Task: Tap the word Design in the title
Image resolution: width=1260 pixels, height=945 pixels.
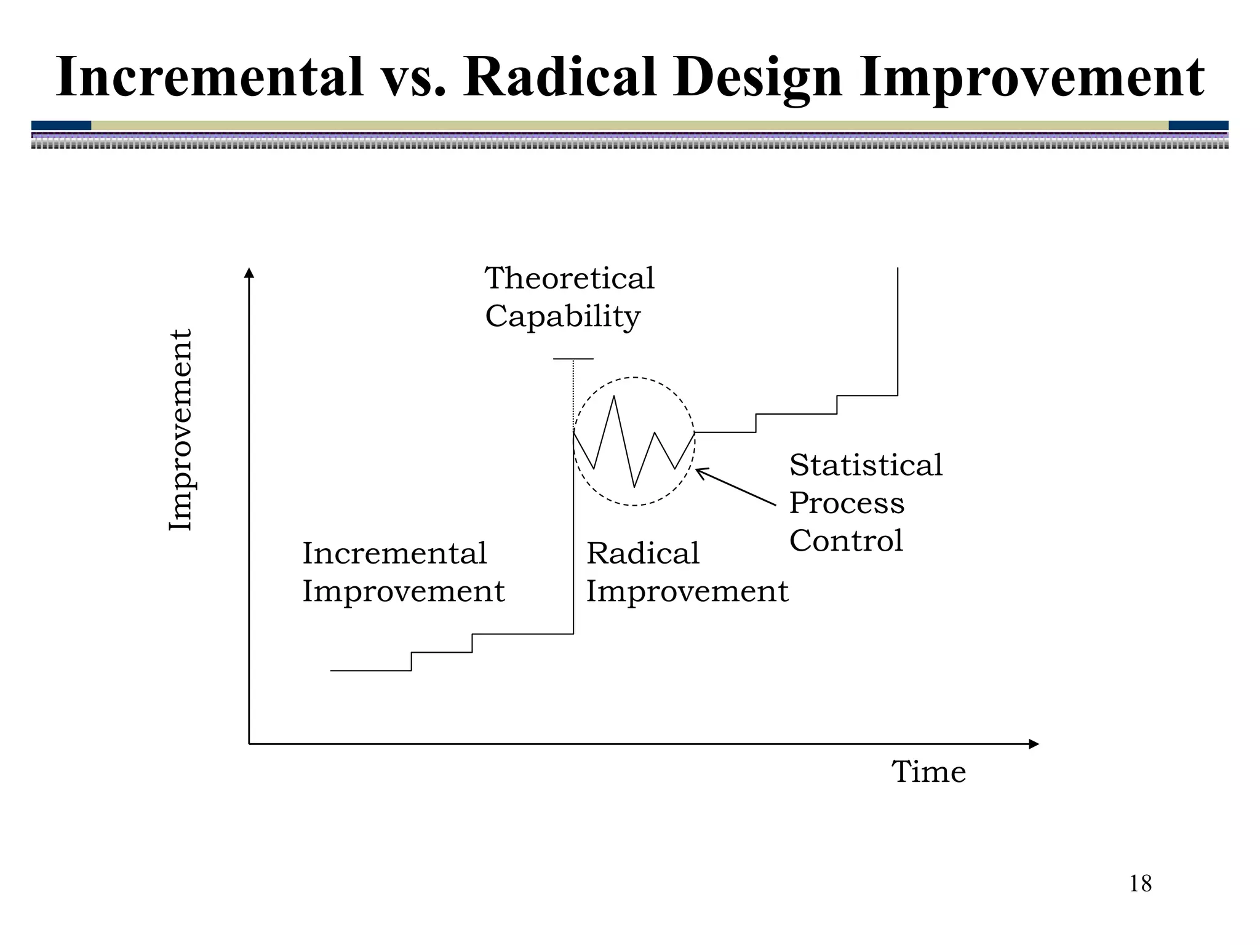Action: point(757,79)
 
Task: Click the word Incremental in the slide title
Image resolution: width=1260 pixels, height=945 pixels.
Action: point(210,78)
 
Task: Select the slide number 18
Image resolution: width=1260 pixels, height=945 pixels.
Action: point(1140,884)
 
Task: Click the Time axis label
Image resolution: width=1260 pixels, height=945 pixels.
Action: point(928,772)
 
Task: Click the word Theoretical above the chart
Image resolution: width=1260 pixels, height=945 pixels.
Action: point(570,278)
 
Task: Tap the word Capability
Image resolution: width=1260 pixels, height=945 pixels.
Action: point(562,317)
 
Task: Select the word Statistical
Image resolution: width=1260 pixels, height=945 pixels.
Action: point(866,465)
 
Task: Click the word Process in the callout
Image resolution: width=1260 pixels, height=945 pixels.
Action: point(847,503)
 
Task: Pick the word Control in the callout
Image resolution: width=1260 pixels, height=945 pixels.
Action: point(846,541)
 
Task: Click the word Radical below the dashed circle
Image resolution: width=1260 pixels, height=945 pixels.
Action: point(642,553)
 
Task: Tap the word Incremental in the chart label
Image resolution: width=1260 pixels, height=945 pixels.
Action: point(394,553)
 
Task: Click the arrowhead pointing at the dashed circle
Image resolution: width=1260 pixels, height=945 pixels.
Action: point(700,472)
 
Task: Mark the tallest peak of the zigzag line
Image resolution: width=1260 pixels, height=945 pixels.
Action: point(614,397)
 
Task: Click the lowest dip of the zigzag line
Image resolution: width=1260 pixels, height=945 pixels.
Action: point(634,487)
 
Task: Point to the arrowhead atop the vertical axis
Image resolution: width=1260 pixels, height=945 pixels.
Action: point(249,273)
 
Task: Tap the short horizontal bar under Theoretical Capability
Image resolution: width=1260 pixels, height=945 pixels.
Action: point(573,359)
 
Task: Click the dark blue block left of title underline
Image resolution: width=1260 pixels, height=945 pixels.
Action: point(61,126)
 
